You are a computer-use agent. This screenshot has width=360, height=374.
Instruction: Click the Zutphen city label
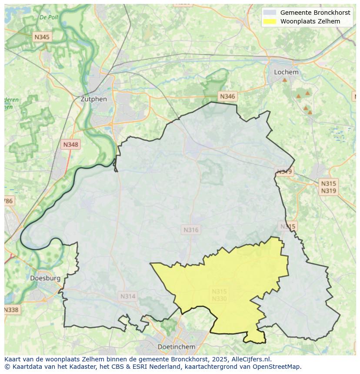coord(93,99)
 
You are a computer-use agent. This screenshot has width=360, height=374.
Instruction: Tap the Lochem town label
coord(286,72)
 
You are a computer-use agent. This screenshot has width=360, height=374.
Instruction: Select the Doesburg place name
coord(45,278)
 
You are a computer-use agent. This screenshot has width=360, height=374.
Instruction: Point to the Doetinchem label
coord(176,347)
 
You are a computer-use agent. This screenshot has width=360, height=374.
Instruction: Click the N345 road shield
coord(42,37)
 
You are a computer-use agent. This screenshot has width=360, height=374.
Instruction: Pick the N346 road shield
coord(227,96)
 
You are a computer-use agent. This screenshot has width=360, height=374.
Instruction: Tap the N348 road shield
coord(71,145)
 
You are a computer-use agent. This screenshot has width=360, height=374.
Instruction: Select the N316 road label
coord(191,230)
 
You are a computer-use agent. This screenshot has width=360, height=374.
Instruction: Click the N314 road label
coord(127,296)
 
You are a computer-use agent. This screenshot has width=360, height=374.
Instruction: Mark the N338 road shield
coord(11,310)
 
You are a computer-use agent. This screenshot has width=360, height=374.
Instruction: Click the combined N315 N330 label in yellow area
coord(219,295)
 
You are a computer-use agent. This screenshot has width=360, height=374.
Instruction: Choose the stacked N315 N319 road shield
coord(328,187)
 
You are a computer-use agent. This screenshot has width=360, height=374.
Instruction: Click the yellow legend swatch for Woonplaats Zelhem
coord(270,21)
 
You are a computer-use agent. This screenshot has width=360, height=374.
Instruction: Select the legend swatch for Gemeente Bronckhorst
coord(270,13)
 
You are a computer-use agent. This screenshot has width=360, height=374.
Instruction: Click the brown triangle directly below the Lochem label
coord(284,80)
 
